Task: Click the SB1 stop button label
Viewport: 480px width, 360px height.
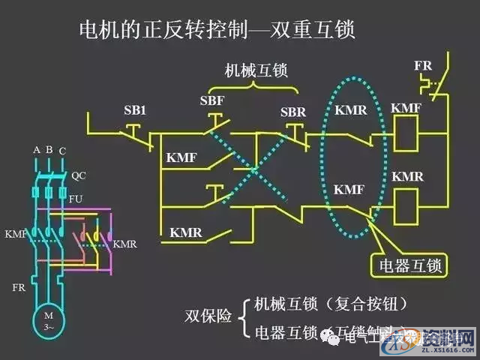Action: (135, 110)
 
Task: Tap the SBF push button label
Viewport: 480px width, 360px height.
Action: (212, 100)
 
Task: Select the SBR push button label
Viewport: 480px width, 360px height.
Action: (293, 112)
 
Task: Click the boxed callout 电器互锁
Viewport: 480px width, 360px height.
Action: (409, 265)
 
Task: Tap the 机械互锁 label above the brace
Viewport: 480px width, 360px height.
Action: (256, 70)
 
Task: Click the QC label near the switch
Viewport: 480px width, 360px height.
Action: (79, 175)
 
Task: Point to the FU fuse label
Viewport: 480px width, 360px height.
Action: (76, 199)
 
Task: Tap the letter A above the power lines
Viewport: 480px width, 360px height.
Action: (36, 149)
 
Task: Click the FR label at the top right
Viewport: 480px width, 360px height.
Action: (422, 66)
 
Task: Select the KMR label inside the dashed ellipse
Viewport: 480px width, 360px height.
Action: (350, 111)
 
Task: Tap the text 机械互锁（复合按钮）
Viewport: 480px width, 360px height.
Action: (331, 304)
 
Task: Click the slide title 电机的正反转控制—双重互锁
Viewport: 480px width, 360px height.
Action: (217, 31)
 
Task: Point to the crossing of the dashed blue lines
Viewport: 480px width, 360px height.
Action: (253, 168)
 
